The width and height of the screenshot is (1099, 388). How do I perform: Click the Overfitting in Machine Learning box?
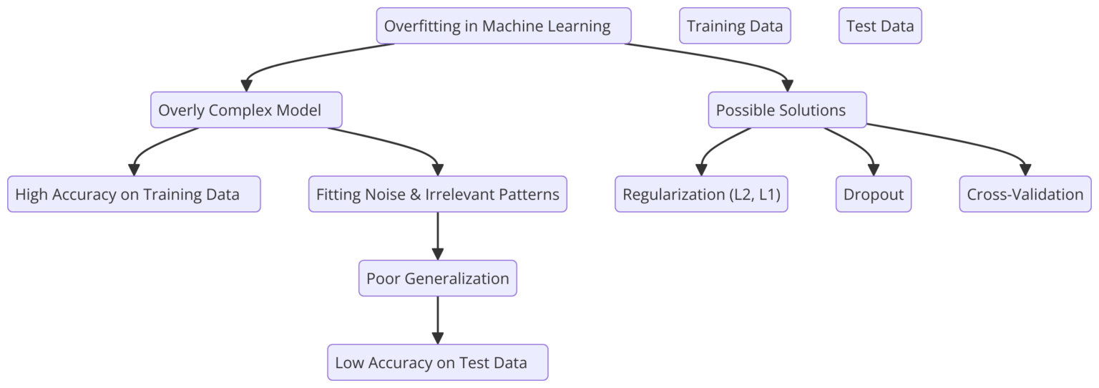point(504,26)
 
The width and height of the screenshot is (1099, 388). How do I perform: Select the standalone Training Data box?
point(735,26)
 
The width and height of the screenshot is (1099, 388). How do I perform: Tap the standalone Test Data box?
point(880,26)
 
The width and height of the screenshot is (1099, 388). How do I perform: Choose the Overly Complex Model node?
point(246,110)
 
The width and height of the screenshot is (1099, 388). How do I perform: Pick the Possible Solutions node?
point(787,110)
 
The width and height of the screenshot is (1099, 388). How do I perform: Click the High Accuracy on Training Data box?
point(134,194)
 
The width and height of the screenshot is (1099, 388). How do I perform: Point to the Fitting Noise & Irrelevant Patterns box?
point(437,194)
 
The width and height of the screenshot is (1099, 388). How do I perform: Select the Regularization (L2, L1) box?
point(701,194)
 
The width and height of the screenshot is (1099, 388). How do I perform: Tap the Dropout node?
point(874,194)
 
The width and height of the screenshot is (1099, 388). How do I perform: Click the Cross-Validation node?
point(1025,194)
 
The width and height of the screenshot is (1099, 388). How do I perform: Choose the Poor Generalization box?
point(437,278)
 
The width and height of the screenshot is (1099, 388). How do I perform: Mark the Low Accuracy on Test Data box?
point(437,362)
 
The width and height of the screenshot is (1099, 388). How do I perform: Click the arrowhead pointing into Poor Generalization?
point(437,253)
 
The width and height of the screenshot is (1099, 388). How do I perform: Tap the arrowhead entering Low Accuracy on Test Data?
point(437,338)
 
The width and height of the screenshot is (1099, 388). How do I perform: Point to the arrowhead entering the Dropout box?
point(874,170)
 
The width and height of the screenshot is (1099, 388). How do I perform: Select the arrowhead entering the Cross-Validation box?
point(1025,170)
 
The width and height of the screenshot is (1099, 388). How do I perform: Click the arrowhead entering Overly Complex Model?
point(246,85)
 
